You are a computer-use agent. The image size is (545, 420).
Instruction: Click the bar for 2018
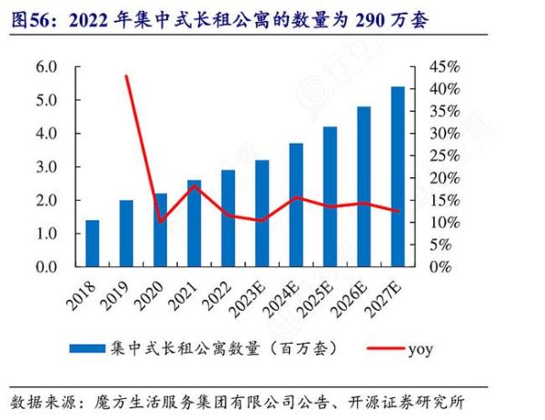point(92,244)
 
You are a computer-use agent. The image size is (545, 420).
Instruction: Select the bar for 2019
point(126,234)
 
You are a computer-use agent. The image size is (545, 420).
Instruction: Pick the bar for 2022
point(228,218)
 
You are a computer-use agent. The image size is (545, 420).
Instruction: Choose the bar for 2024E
point(296,205)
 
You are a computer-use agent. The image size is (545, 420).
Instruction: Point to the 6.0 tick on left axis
point(46,67)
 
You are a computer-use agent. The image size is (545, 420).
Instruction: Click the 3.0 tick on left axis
point(46,167)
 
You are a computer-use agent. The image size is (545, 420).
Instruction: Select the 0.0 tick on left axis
point(46,267)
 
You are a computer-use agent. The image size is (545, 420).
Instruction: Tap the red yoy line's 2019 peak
point(126,76)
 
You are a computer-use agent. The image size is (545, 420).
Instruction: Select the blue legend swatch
point(87,348)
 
